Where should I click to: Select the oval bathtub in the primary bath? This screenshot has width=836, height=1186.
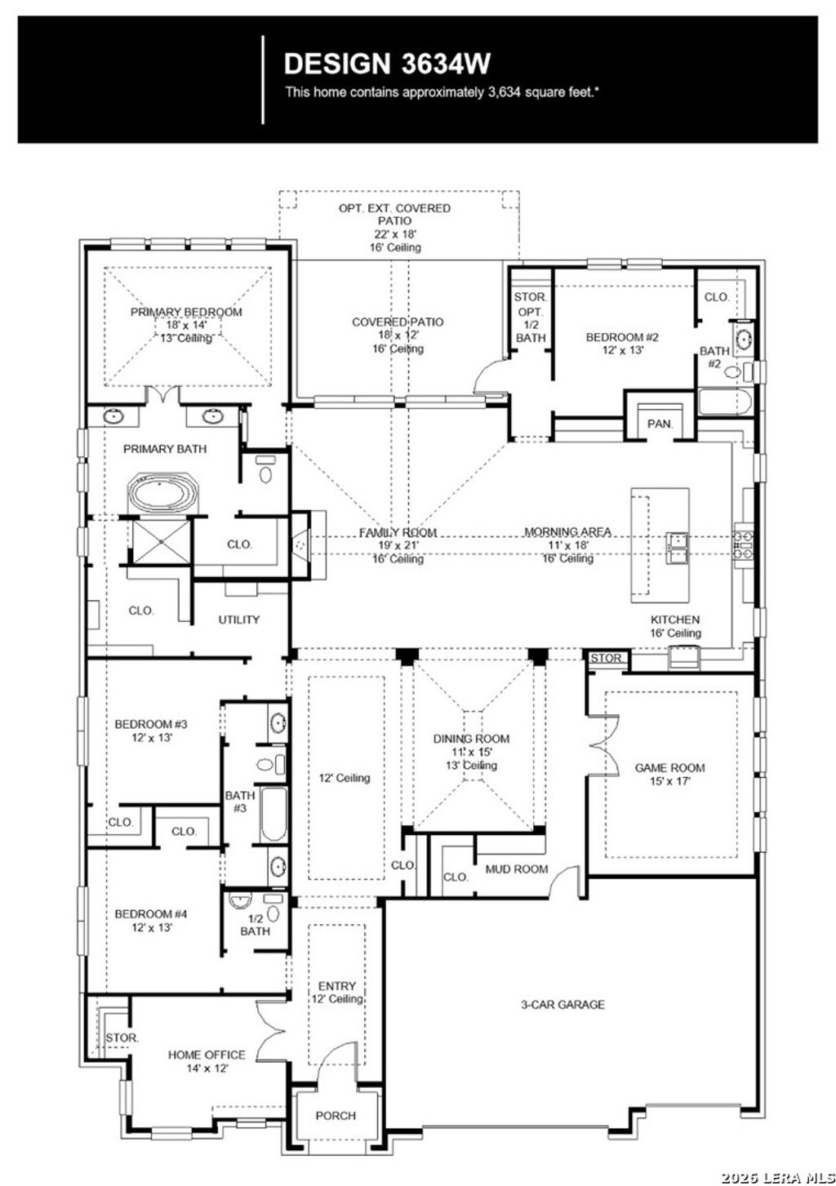(x=163, y=495)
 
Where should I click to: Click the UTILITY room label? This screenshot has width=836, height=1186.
(x=238, y=620)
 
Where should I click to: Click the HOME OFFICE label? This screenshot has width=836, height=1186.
(x=207, y=1055)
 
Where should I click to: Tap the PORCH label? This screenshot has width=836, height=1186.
(x=336, y=1116)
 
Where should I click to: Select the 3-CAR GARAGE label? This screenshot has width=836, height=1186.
(x=563, y=1005)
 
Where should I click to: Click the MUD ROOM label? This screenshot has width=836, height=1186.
(x=516, y=869)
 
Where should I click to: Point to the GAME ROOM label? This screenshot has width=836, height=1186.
(x=669, y=767)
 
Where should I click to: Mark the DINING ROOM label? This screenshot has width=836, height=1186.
(x=471, y=739)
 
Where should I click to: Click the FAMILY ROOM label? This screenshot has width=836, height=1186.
(x=398, y=532)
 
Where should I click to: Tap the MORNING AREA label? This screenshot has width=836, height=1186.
(x=567, y=532)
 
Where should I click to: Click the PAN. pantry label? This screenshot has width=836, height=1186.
(x=660, y=424)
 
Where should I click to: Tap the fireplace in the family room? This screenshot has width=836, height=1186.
(x=302, y=544)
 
